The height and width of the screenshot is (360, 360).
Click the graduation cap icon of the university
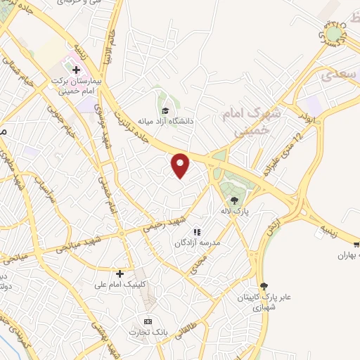[x=165, y=110]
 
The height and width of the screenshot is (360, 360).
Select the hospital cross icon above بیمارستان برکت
[x=76, y=70]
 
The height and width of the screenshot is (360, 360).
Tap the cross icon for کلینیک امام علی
[x=120, y=273]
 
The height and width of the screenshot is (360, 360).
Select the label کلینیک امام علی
[x=120, y=284]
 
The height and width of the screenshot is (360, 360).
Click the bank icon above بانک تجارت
[x=148, y=321]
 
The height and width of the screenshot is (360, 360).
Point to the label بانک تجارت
[x=147, y=331]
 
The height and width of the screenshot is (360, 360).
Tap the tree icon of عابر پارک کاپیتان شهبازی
[x=264, y=286]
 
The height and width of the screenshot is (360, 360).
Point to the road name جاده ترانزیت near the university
[x=134, y=120]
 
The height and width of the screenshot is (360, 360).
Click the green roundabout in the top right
[x=333, y=33]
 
